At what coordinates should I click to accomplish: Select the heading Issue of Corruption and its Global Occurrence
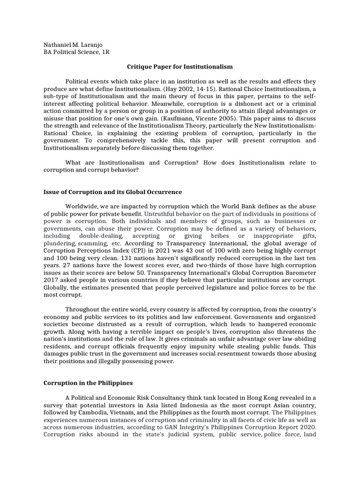click(112, 192)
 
